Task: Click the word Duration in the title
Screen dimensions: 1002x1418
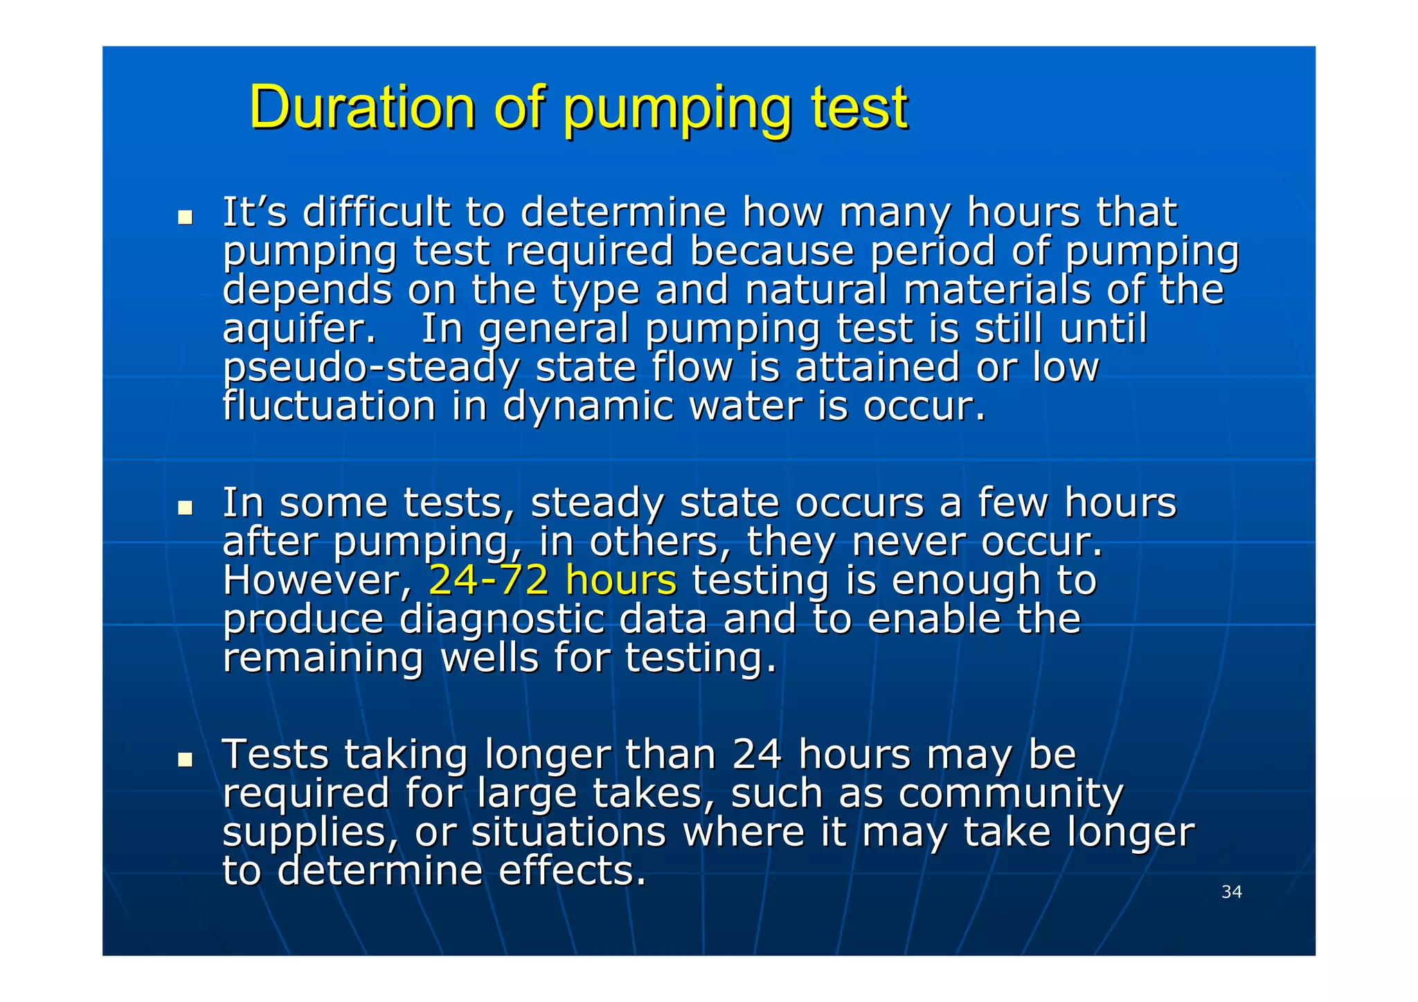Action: [x=362, y=107]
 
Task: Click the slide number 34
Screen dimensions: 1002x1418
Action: [x=1231, y=892]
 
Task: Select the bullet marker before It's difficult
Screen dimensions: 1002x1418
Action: [x=185, y=217]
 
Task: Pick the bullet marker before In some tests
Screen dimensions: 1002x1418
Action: [x=185, y=508]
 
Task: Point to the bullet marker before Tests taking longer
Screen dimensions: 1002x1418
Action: [x=185, y=760]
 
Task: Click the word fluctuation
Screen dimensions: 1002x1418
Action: [x=329, y=406]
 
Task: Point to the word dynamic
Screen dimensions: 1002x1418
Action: [x=588, y=407]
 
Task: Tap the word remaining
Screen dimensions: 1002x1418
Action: [x=323, y=658]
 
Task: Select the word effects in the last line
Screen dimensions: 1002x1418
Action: [x=572, y=871]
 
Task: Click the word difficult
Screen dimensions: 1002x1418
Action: [x=376, y=212]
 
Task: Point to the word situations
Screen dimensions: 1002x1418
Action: [x=568, y=832]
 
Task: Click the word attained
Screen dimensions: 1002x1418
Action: [x=877, y=367]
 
